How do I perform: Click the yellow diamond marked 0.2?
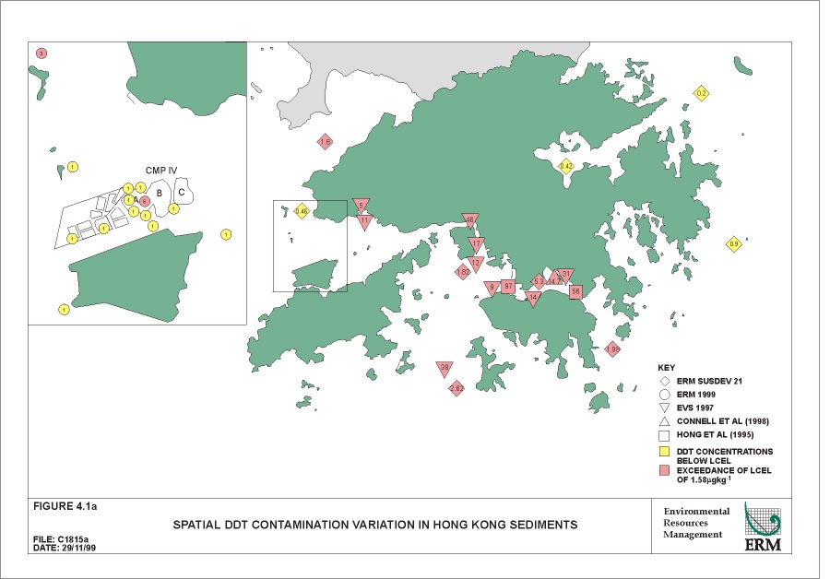[x=701, y=93]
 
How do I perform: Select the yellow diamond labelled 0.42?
[x=566, y=166]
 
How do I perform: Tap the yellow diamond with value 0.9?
[x=734, y=243]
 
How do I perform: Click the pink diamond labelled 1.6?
[x=325, y=142]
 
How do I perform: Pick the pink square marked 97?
[x=507, y=286]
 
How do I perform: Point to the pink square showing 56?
[x=575, y=291]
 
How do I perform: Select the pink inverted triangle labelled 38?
[x=445, y=368]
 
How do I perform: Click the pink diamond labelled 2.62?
[x=456, y=389]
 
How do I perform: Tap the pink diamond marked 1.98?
[x=612, y=349]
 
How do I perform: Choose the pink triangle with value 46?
[x=469, y=220]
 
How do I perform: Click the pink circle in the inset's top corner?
[x=41, y=53]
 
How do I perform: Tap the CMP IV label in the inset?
[x=161, y=171]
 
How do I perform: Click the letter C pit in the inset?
[x=182, y=193]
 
